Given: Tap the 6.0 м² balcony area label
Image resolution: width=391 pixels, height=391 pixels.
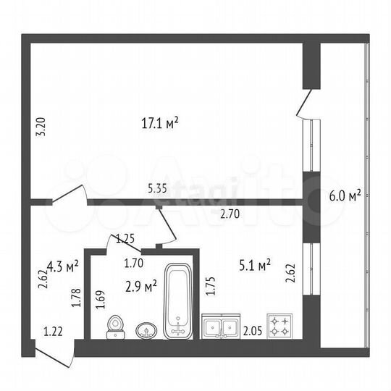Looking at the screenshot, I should coord(345,195).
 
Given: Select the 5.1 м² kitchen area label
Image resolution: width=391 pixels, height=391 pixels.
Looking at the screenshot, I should coord(255,265).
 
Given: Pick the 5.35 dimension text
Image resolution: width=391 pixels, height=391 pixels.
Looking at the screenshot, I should coord(157,188).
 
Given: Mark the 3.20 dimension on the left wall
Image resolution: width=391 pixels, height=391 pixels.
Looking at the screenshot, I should coord(41,127).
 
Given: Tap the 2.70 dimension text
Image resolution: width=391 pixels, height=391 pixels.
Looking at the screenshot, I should coord(230,214).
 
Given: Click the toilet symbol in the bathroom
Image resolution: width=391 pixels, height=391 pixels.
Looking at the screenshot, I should coord(114,327).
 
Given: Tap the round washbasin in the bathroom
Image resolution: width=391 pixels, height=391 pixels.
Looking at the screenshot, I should coord(146,330).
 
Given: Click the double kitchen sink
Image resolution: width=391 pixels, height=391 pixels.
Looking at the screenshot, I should coord(221,327).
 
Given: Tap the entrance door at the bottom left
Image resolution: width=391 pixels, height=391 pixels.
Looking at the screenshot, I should coord(54,353).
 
